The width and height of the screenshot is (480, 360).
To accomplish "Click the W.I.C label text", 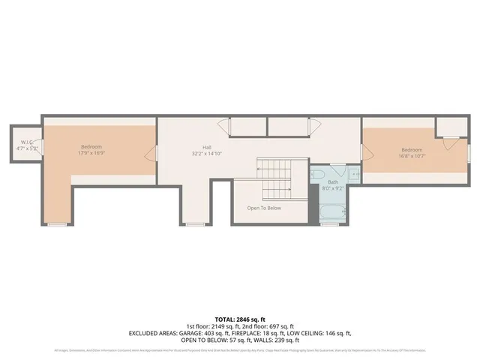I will point(25,142).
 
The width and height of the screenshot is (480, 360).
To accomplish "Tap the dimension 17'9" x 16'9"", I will point(91,153).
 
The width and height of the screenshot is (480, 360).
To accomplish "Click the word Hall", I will point(206,147).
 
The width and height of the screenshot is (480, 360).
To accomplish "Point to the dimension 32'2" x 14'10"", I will point(206,154).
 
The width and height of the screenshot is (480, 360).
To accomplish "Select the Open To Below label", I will point(264,208).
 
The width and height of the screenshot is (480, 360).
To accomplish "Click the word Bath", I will point(333,182).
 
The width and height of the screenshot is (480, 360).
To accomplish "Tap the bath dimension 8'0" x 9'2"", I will point(333,188).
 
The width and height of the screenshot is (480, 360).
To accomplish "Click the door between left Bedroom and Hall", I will point(155,154).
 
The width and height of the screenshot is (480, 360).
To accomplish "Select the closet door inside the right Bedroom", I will point(448,142).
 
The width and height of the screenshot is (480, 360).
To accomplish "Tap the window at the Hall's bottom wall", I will point(195,223).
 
